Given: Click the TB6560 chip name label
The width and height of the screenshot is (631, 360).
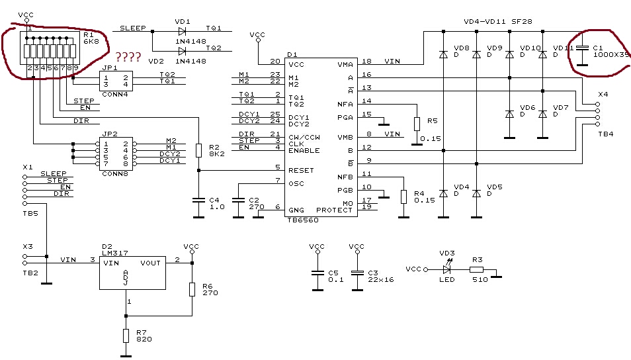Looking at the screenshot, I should (x=302, y=220).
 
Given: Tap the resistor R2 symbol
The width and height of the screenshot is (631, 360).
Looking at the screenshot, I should (x=198, y=150).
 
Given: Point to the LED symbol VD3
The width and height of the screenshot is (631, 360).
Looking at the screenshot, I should (x=448, y=269).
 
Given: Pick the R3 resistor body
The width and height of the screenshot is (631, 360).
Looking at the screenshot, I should (x=476, y=269).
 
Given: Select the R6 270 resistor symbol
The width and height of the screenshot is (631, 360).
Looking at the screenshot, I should (x=192, y=289).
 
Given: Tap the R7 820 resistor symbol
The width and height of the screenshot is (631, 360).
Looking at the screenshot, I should (x=126, y=336).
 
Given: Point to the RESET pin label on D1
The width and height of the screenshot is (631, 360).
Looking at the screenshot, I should (x=301, y=170).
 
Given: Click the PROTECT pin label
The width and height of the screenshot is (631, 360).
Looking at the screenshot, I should (x=335, y=210).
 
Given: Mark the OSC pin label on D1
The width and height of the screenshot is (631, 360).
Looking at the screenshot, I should (x=296, y=183).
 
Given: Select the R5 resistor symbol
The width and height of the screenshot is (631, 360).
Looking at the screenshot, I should (x=417, y=124).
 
